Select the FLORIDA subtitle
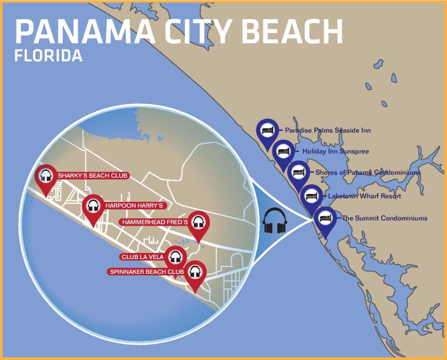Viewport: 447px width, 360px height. point(48,56)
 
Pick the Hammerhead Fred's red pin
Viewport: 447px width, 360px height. point(199,223)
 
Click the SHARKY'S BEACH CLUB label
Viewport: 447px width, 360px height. point(93,176)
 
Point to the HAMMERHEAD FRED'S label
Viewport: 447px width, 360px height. point(155,222)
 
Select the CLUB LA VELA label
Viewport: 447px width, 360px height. point(143,257)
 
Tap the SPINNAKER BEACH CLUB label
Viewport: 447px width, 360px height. point(147,272)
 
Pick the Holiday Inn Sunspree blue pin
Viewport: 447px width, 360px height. point(284,151)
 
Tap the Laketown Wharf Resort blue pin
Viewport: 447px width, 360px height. point(311,196)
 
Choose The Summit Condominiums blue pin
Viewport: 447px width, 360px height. point(325,218)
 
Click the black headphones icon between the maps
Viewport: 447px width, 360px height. point(274,220)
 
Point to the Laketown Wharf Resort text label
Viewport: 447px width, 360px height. point(364,196)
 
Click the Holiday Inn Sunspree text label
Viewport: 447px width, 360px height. point(336,152)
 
